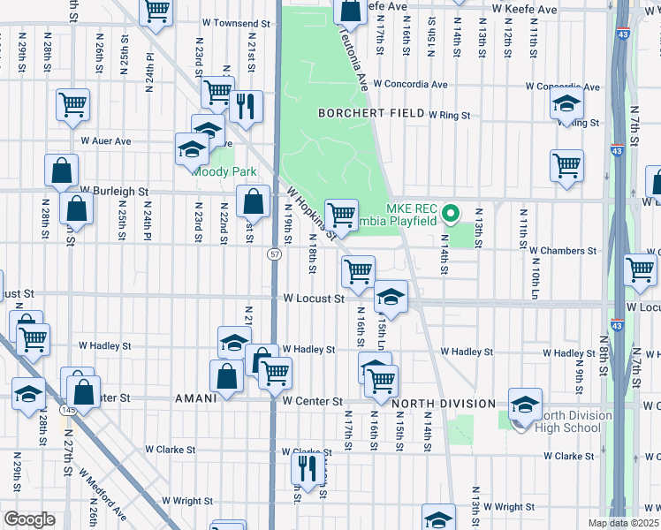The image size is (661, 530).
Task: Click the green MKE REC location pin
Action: (450, 213)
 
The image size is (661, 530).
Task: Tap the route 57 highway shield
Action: (275, 254)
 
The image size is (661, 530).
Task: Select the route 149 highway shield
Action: (68, 410)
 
